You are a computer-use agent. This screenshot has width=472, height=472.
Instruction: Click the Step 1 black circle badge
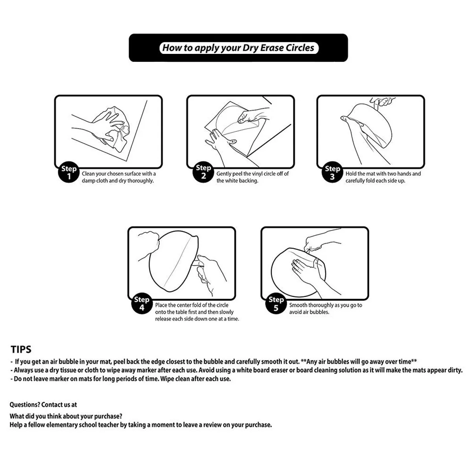click(x=69, y=173)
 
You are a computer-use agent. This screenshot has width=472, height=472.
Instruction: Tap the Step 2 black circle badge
click(x=203, y=172)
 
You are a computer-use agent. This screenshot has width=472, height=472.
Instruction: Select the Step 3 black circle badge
click(x=332, y=173)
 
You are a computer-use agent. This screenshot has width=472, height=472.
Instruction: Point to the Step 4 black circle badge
click(x=142, y=303)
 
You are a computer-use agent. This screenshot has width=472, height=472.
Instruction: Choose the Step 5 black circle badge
click(x=276, y=304)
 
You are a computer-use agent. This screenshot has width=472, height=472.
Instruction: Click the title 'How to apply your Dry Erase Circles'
click(x=238, y=48)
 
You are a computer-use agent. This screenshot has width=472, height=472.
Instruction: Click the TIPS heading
click(x=21, y=349)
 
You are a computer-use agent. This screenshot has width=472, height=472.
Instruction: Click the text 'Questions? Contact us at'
click(x=43, y=404)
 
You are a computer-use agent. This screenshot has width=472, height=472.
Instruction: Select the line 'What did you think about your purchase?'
click(x=66, y=416)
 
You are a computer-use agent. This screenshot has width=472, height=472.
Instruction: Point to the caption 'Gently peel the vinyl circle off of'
click(x=253, y=174)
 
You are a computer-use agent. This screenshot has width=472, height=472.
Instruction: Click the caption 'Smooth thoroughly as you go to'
click(x=326, y=305)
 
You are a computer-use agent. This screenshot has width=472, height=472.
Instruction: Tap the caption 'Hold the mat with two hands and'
click(x=383, y=174)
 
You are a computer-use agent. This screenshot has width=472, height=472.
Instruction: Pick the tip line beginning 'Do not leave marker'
click(x=120, y=379)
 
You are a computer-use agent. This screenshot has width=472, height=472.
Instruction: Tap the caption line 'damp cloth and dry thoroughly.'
click(x=118, y=181)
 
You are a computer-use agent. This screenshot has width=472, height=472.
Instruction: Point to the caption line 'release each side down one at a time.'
click(x=197, y=319)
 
